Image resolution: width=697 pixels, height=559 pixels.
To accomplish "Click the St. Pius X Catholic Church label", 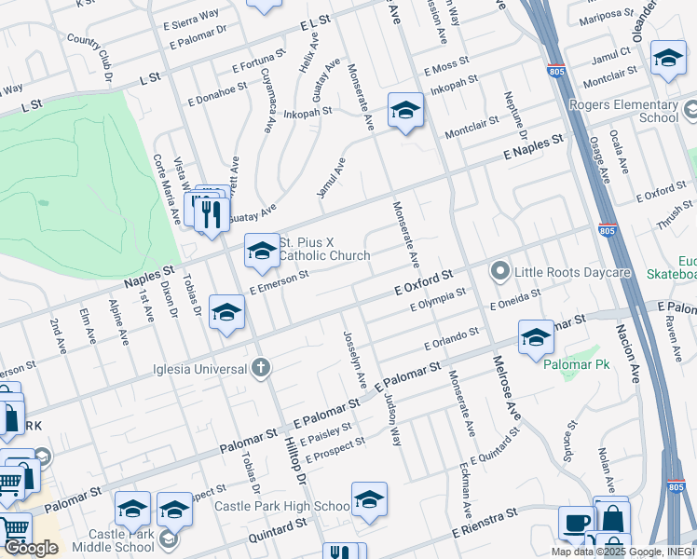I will (324, 249).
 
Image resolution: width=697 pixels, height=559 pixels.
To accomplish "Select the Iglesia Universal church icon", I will (261, 368).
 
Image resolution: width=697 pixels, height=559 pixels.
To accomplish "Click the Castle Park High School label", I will (281, 506).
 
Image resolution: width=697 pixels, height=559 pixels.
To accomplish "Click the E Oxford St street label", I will (422, 282).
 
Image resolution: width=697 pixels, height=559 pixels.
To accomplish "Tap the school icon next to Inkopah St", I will (405, 111).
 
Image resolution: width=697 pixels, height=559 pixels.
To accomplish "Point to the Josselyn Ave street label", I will (354, 361).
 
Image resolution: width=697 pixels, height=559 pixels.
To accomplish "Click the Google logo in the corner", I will (30, 548).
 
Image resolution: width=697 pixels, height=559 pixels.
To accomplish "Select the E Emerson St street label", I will (279, 283).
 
